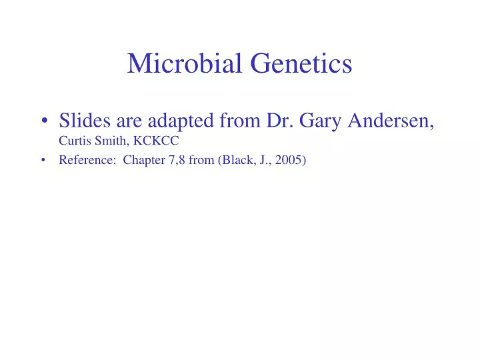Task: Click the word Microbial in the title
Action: (185, 63)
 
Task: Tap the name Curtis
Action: (73, 141)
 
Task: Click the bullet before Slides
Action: (44, 122)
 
